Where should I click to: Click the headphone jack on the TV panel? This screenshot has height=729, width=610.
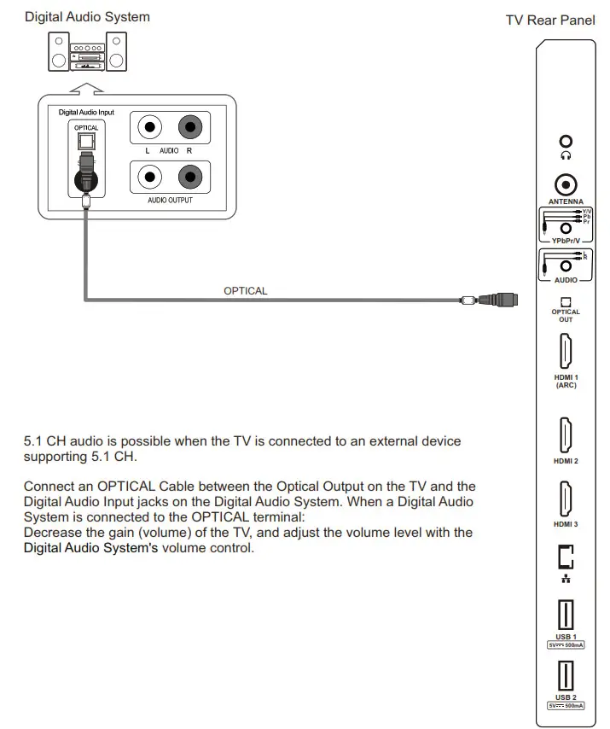[x=565, y=143]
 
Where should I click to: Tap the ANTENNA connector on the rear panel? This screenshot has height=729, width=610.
[x=565, y=184]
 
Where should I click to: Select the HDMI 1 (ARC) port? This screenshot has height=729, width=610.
[x=565, y=351]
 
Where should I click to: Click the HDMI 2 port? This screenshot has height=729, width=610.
[x=565, y=435]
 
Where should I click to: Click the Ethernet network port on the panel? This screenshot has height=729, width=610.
[x=565, y=557]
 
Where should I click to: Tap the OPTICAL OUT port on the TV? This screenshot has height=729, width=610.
[x=565, y=301]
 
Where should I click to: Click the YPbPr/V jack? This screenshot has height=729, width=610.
[x=565, y=229]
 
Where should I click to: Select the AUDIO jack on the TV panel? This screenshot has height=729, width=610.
[x=565, y=265]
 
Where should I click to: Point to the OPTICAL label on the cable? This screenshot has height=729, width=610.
[x=245, y=291]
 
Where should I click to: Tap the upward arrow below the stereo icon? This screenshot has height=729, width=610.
[x=87, y=86]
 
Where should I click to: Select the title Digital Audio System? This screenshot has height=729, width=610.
[x=87, y=17]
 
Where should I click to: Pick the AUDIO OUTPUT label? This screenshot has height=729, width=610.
[x=170, y=201]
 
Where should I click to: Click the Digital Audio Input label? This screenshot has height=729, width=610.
[x=86, y=113]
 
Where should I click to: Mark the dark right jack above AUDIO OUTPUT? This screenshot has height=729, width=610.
[x=189, y=178]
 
